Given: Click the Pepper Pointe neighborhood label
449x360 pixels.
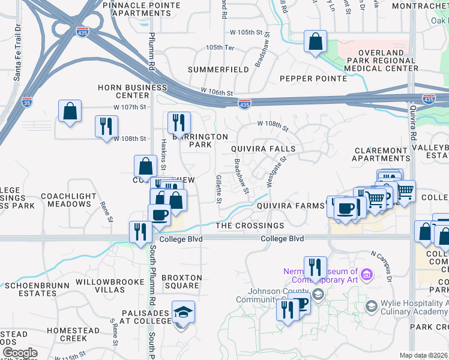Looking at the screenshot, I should (313, 79).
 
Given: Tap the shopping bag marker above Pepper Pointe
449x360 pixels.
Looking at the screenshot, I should (315, 43).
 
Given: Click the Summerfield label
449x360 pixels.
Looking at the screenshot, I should (218, 70).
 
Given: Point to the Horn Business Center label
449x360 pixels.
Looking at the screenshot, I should (124, 91).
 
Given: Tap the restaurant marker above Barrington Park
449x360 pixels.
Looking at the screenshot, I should (178, 124).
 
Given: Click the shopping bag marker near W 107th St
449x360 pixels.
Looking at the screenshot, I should (70, 112).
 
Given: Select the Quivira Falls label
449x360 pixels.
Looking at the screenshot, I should (264, 149).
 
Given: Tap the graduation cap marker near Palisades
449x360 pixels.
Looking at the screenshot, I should (183, 313).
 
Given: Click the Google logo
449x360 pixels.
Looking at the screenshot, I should (19, 353).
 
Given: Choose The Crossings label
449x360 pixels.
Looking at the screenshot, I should (250, 226).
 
